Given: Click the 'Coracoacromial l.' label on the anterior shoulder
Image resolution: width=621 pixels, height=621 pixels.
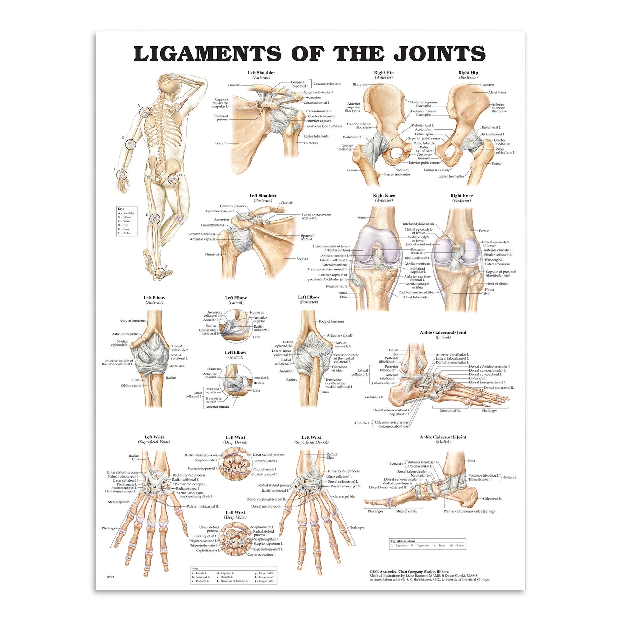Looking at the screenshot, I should (x=317, y=103).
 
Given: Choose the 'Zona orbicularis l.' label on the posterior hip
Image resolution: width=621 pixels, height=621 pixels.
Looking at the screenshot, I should (x=505, y=151).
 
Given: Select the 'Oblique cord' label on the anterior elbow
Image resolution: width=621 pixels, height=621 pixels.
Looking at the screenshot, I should (x=130, y=385).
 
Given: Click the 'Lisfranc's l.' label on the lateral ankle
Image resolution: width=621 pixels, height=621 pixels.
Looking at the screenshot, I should (x=478, y=378).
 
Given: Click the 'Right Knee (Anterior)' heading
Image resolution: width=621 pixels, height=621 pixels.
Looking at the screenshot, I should (x=384, y=198).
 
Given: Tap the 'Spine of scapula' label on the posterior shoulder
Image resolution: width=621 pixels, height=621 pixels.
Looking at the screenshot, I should (x=307, y=238).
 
